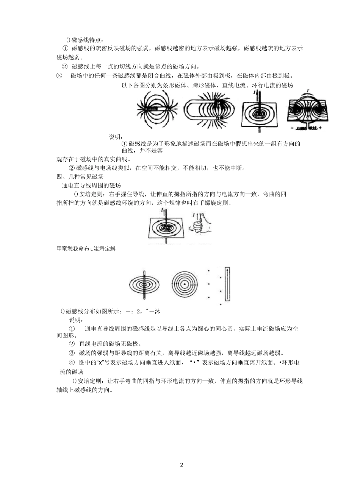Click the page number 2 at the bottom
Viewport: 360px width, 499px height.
click(182, 465)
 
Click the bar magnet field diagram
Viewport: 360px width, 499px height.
click(157, 109)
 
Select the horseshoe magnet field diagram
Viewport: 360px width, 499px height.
click(208, 111)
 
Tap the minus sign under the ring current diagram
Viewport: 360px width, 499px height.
click(291, 129)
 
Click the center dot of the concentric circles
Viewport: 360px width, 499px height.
click(185, 284)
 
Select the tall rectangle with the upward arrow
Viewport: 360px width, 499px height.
click(227, 284)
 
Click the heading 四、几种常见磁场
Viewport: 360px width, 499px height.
click(80, 176)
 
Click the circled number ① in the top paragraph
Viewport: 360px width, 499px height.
click(65, 48)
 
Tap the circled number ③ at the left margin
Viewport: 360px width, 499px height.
click(59, 75)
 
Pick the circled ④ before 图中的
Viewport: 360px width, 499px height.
click(72, 362)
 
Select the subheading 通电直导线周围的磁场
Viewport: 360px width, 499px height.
click(91, 186)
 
